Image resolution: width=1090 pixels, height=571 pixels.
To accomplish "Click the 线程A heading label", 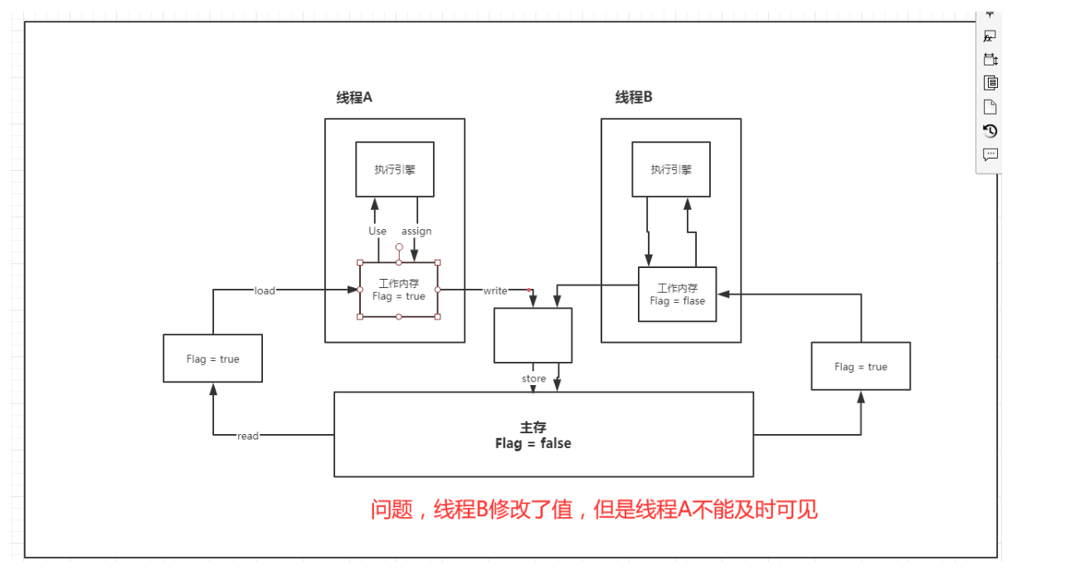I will [354, 98].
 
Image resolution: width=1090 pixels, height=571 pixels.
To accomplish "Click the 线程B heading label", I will [634, 98].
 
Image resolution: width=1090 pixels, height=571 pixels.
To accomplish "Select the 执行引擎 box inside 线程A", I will [395, 169].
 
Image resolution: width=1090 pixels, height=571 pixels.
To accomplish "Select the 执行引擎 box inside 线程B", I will [671, 169].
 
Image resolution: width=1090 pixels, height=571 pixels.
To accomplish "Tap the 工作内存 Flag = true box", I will [398, 290].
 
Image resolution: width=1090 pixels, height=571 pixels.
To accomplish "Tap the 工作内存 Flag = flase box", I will [677, 295].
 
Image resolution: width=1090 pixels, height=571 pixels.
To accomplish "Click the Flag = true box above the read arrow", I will [212, 359].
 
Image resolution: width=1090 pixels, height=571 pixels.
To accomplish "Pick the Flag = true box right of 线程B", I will [860, 366].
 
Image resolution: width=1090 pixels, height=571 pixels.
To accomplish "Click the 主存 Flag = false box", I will [543, 435].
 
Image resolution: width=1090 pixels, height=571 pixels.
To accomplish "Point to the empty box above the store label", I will [533, 335].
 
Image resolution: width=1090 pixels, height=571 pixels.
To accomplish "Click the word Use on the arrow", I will [377, 231].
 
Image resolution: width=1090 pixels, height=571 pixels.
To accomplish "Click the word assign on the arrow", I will [416, 231].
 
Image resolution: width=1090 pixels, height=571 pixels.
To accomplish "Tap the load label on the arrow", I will [265, 290].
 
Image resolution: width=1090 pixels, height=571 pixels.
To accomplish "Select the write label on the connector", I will [495, 290].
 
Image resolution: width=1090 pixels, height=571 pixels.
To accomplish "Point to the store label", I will [534, 378].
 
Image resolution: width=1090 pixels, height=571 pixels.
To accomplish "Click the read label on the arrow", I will [248, 436].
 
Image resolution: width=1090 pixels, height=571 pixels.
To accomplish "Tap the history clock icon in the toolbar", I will [990, 130].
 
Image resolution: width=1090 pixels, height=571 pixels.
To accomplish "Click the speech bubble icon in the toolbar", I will [990, 154].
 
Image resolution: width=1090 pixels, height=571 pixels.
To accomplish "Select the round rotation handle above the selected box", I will [399, 247].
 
